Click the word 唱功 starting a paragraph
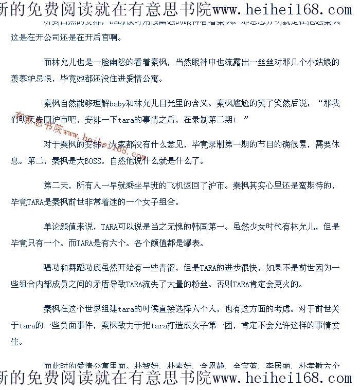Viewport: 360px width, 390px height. click(x=52, y=268)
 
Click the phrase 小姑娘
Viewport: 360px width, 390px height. click(x=327, y=63)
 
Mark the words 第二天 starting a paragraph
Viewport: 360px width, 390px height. click(x=57, y=185)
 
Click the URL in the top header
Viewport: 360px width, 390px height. click(x=282, y=9)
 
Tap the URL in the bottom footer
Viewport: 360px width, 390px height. click(x=282, y=379)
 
